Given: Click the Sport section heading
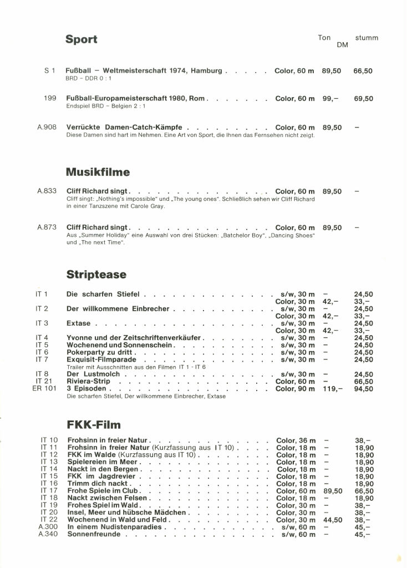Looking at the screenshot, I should point(81,39).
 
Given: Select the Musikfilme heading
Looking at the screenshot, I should point(98,172).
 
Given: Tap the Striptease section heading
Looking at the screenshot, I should point(96,275).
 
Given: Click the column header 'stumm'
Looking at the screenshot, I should point(367,38).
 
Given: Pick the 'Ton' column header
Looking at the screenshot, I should point(324,38).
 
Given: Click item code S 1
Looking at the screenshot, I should point(49,71).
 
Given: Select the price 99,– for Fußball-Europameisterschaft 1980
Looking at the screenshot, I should point(330,99).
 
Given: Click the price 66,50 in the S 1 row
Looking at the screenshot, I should point(363,71).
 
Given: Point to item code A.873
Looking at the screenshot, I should point(47,227).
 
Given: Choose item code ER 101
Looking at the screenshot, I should point(45,389).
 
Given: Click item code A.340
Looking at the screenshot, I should point(48,534).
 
